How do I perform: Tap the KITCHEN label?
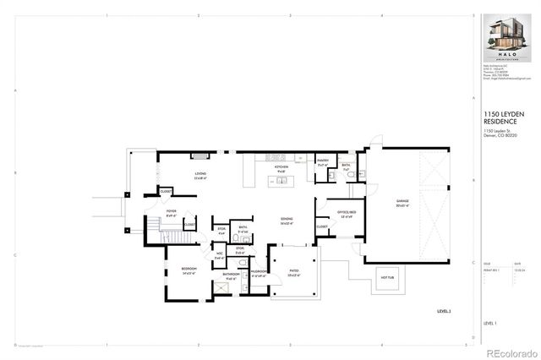(x=281, y=169)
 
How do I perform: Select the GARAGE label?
(x=402, y=204)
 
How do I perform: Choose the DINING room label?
(x=287, y=221)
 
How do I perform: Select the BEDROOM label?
(x=189, y=270)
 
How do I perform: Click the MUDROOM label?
(x=259, y=273)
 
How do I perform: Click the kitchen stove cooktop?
(x=277, y=156)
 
